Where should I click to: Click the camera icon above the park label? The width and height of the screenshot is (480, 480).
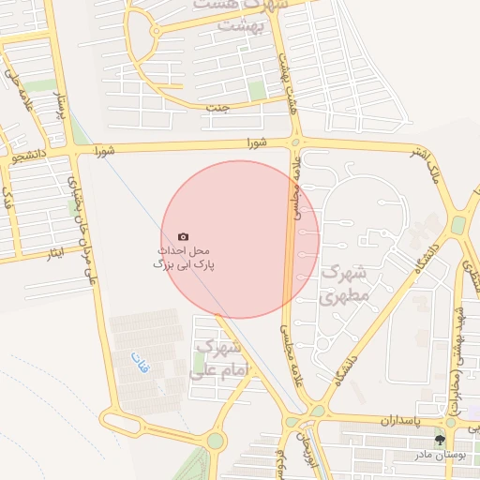[x=182, y=237]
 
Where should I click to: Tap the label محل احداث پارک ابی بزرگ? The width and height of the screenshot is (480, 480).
[x=184, y=259]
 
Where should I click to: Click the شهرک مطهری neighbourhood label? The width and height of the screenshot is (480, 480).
[x=346, y=284]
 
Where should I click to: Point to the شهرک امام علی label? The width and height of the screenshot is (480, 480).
[x=216, y=360]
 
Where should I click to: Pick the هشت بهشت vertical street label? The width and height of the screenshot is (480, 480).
[x=282, y=70]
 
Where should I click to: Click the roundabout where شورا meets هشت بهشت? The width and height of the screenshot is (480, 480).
[x=295, y=143]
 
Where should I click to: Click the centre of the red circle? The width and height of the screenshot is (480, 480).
[x=241, y=239]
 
